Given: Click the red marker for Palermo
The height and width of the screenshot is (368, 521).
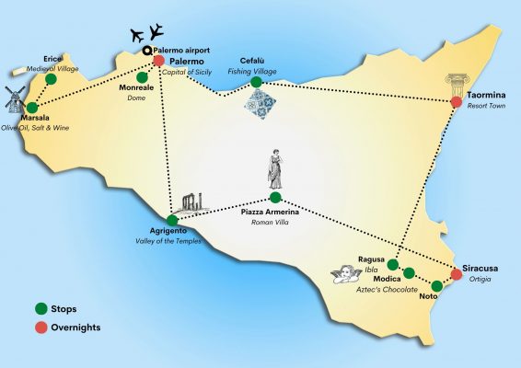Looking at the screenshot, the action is click(159, 61).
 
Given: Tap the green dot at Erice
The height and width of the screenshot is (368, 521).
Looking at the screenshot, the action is click(51, 79).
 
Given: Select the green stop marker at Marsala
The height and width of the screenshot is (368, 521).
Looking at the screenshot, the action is click(32, 108).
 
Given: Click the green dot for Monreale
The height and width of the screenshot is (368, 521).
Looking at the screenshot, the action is click(142, 77).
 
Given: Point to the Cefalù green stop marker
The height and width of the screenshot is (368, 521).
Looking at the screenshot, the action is click(256, 82).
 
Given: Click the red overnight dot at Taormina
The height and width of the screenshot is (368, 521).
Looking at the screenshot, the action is click(457, 102).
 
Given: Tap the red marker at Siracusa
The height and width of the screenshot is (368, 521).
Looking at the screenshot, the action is click(457, 274).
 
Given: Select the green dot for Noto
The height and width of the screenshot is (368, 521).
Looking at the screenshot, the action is click(437, 286).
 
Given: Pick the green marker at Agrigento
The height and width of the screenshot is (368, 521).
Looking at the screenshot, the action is click(172, 220).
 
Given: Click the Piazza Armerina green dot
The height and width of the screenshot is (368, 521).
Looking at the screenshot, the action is click(275, 198).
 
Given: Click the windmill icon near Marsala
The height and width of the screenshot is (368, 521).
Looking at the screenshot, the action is click(15, 99).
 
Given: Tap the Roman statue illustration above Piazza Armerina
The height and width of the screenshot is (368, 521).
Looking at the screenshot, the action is click(275, 169).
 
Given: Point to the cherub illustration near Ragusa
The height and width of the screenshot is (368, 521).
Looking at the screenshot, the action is click(346, 274).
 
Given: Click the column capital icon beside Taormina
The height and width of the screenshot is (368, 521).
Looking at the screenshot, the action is click(457, 86).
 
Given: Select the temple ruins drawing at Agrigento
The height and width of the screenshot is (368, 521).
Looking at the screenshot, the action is click(193, 202).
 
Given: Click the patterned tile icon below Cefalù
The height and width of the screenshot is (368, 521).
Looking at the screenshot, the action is click(260, 104).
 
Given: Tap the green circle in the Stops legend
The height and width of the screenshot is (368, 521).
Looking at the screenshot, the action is click(41, 308).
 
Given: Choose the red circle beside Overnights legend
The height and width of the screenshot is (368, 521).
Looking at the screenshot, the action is click(41, 328).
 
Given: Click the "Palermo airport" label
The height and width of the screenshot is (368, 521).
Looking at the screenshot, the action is click(181, 51).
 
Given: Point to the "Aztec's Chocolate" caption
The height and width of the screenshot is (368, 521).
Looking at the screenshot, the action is click(387, 289).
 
